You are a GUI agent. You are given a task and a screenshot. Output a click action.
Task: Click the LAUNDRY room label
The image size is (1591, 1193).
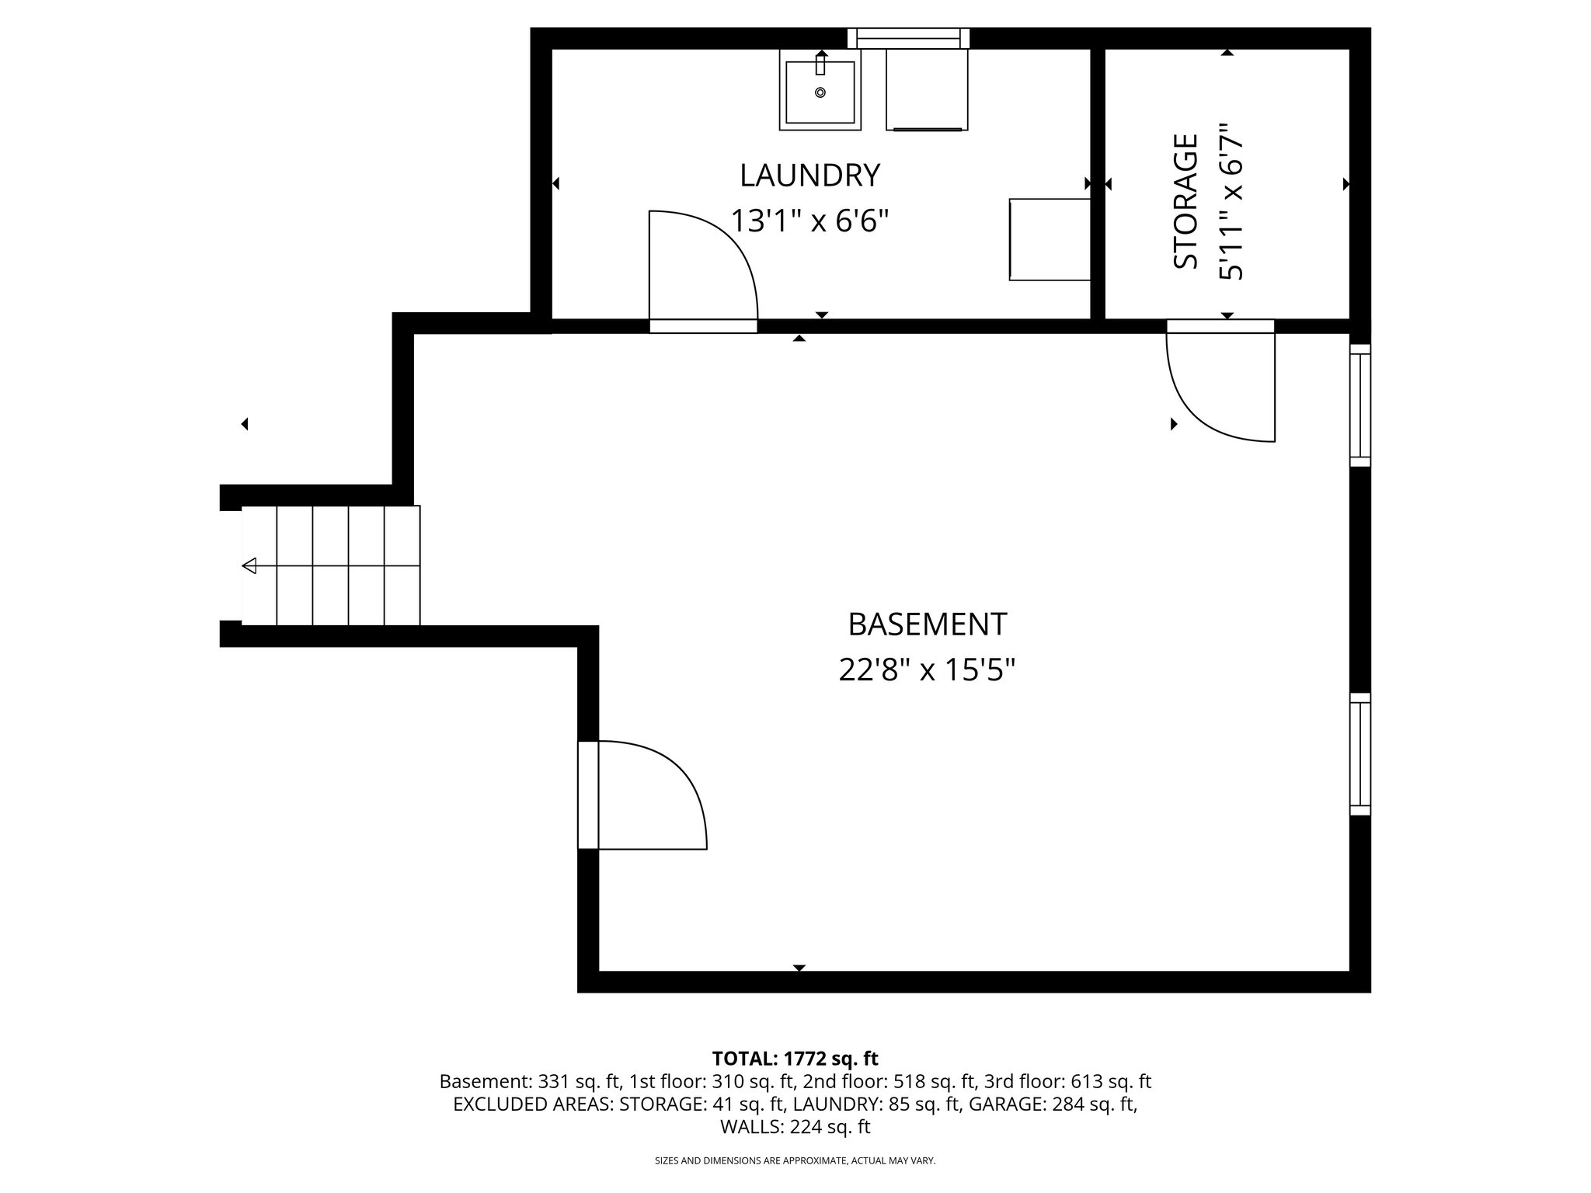point(809,176)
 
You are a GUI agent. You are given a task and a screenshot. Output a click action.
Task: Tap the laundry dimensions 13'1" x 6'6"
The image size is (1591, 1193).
point(809,221)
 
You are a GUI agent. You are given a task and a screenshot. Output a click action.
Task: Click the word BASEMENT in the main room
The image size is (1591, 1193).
point(927,624)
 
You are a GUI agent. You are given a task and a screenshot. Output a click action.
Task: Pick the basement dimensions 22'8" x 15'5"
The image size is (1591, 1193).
point(927,670)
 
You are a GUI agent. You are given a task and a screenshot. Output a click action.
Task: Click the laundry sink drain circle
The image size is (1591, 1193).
point(820,92)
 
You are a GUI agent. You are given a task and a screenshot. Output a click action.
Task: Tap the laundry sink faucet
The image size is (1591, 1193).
point(820,61)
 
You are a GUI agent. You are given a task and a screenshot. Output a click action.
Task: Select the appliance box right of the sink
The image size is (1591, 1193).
point(927,89)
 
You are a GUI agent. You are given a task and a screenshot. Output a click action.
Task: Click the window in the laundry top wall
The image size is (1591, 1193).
point(909,38)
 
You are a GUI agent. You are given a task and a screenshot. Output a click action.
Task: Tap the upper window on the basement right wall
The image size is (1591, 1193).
point(1359,405)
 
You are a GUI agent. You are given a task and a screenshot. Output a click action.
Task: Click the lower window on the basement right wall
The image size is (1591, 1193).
point(1359,754)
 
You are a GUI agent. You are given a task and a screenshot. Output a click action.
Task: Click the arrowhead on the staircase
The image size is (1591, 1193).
point(250,566)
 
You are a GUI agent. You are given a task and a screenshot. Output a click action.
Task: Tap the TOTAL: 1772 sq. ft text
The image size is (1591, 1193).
point(795,1059)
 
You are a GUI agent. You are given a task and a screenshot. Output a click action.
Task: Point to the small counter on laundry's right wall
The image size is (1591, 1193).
point(1049,239)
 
